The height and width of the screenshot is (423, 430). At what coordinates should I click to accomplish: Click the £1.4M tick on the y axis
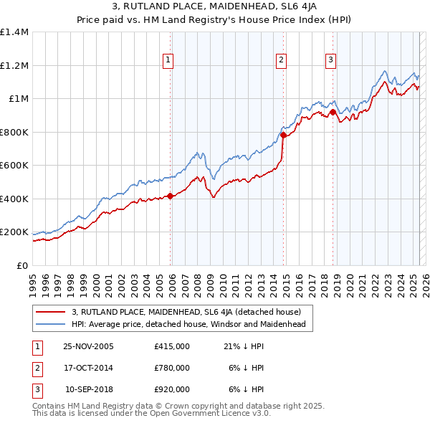click(14, 32)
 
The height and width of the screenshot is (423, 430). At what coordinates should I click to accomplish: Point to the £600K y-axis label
click(14, 166)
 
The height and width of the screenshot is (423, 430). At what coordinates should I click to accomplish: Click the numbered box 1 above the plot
click(168, 61)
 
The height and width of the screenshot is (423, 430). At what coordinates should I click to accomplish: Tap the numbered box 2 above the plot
click(281, 61)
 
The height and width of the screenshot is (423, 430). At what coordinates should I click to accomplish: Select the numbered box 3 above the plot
click(331, 61)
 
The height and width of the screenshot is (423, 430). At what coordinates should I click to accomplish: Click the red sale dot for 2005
click(170, 196)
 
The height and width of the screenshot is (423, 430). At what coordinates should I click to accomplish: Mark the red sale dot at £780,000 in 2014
click(283, 135)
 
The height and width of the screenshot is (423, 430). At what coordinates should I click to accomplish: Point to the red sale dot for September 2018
click(333, 112)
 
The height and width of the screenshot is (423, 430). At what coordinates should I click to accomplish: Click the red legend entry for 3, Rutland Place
click(191, 312)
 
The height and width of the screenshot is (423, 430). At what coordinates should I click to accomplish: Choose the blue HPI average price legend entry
click(188, 324)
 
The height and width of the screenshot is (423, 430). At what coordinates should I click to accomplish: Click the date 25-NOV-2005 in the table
click(88, 346)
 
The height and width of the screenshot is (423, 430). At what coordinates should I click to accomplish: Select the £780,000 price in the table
click(172, 368)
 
